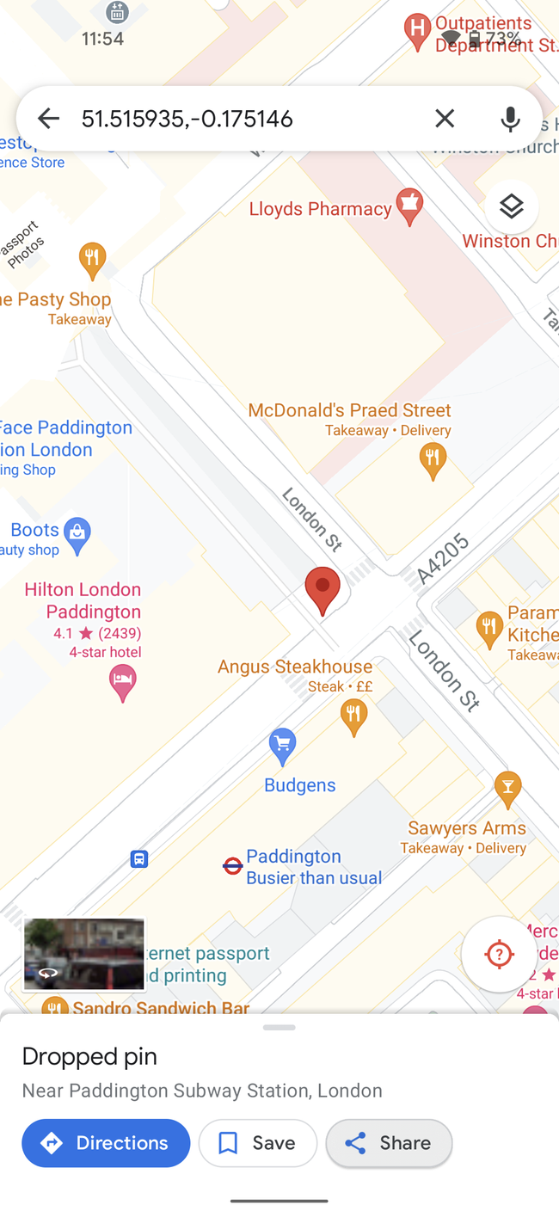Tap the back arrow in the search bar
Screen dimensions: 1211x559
coord(48,119)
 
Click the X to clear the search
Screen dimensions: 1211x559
coord(445,119)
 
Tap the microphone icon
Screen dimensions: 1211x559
coord(510,119)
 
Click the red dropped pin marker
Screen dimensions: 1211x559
coord(322,589)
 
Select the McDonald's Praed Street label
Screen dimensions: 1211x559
coord(349,410)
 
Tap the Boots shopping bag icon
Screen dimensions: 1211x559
coord(77,535)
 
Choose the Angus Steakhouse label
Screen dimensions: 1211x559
coord(295,667)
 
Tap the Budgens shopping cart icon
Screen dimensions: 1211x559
coord(282,744)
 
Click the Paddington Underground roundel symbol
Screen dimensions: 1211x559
coord(232,866)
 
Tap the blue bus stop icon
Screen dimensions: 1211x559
coord(139,858)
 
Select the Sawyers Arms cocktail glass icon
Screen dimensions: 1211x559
coord(507,788)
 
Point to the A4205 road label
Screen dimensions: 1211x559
coord(443,557)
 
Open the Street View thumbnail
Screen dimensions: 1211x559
coord(83,954)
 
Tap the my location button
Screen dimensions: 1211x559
coord(499,954)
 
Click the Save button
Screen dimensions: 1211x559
coord(257,1143)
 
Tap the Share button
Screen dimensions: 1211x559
coord(389,1143)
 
